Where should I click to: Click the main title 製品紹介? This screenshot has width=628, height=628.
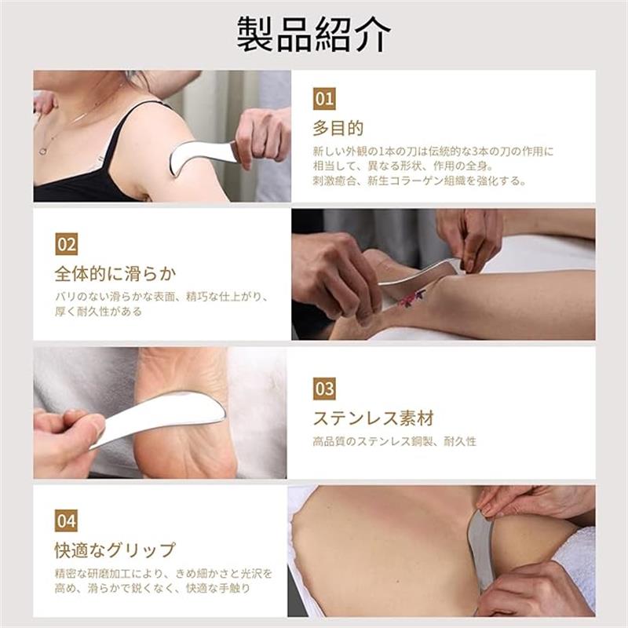coord(313,34)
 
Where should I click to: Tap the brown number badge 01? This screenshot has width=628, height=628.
coord(324,99)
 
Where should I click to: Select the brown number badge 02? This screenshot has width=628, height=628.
coord(67,244)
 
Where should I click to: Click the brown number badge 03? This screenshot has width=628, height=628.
coord(324,389)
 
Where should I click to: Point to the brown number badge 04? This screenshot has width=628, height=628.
coord(67,520)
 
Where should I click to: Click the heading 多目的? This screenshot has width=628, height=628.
coord(338,128)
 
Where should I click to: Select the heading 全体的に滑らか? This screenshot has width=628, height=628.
coord(115,274)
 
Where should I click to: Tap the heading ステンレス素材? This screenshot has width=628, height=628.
coord(374,418)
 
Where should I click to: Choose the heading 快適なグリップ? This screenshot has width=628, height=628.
coord(115,550)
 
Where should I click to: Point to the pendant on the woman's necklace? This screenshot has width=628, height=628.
coord(42,152)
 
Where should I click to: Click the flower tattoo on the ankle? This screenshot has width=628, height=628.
coord(412,298)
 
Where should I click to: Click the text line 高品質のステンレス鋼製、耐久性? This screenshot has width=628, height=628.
coord(395,441)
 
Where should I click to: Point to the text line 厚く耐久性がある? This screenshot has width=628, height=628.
coord(99,311)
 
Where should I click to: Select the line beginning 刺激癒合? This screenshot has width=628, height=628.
coord(419,181)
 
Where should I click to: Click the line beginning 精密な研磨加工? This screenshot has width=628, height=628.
coord(164,574)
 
